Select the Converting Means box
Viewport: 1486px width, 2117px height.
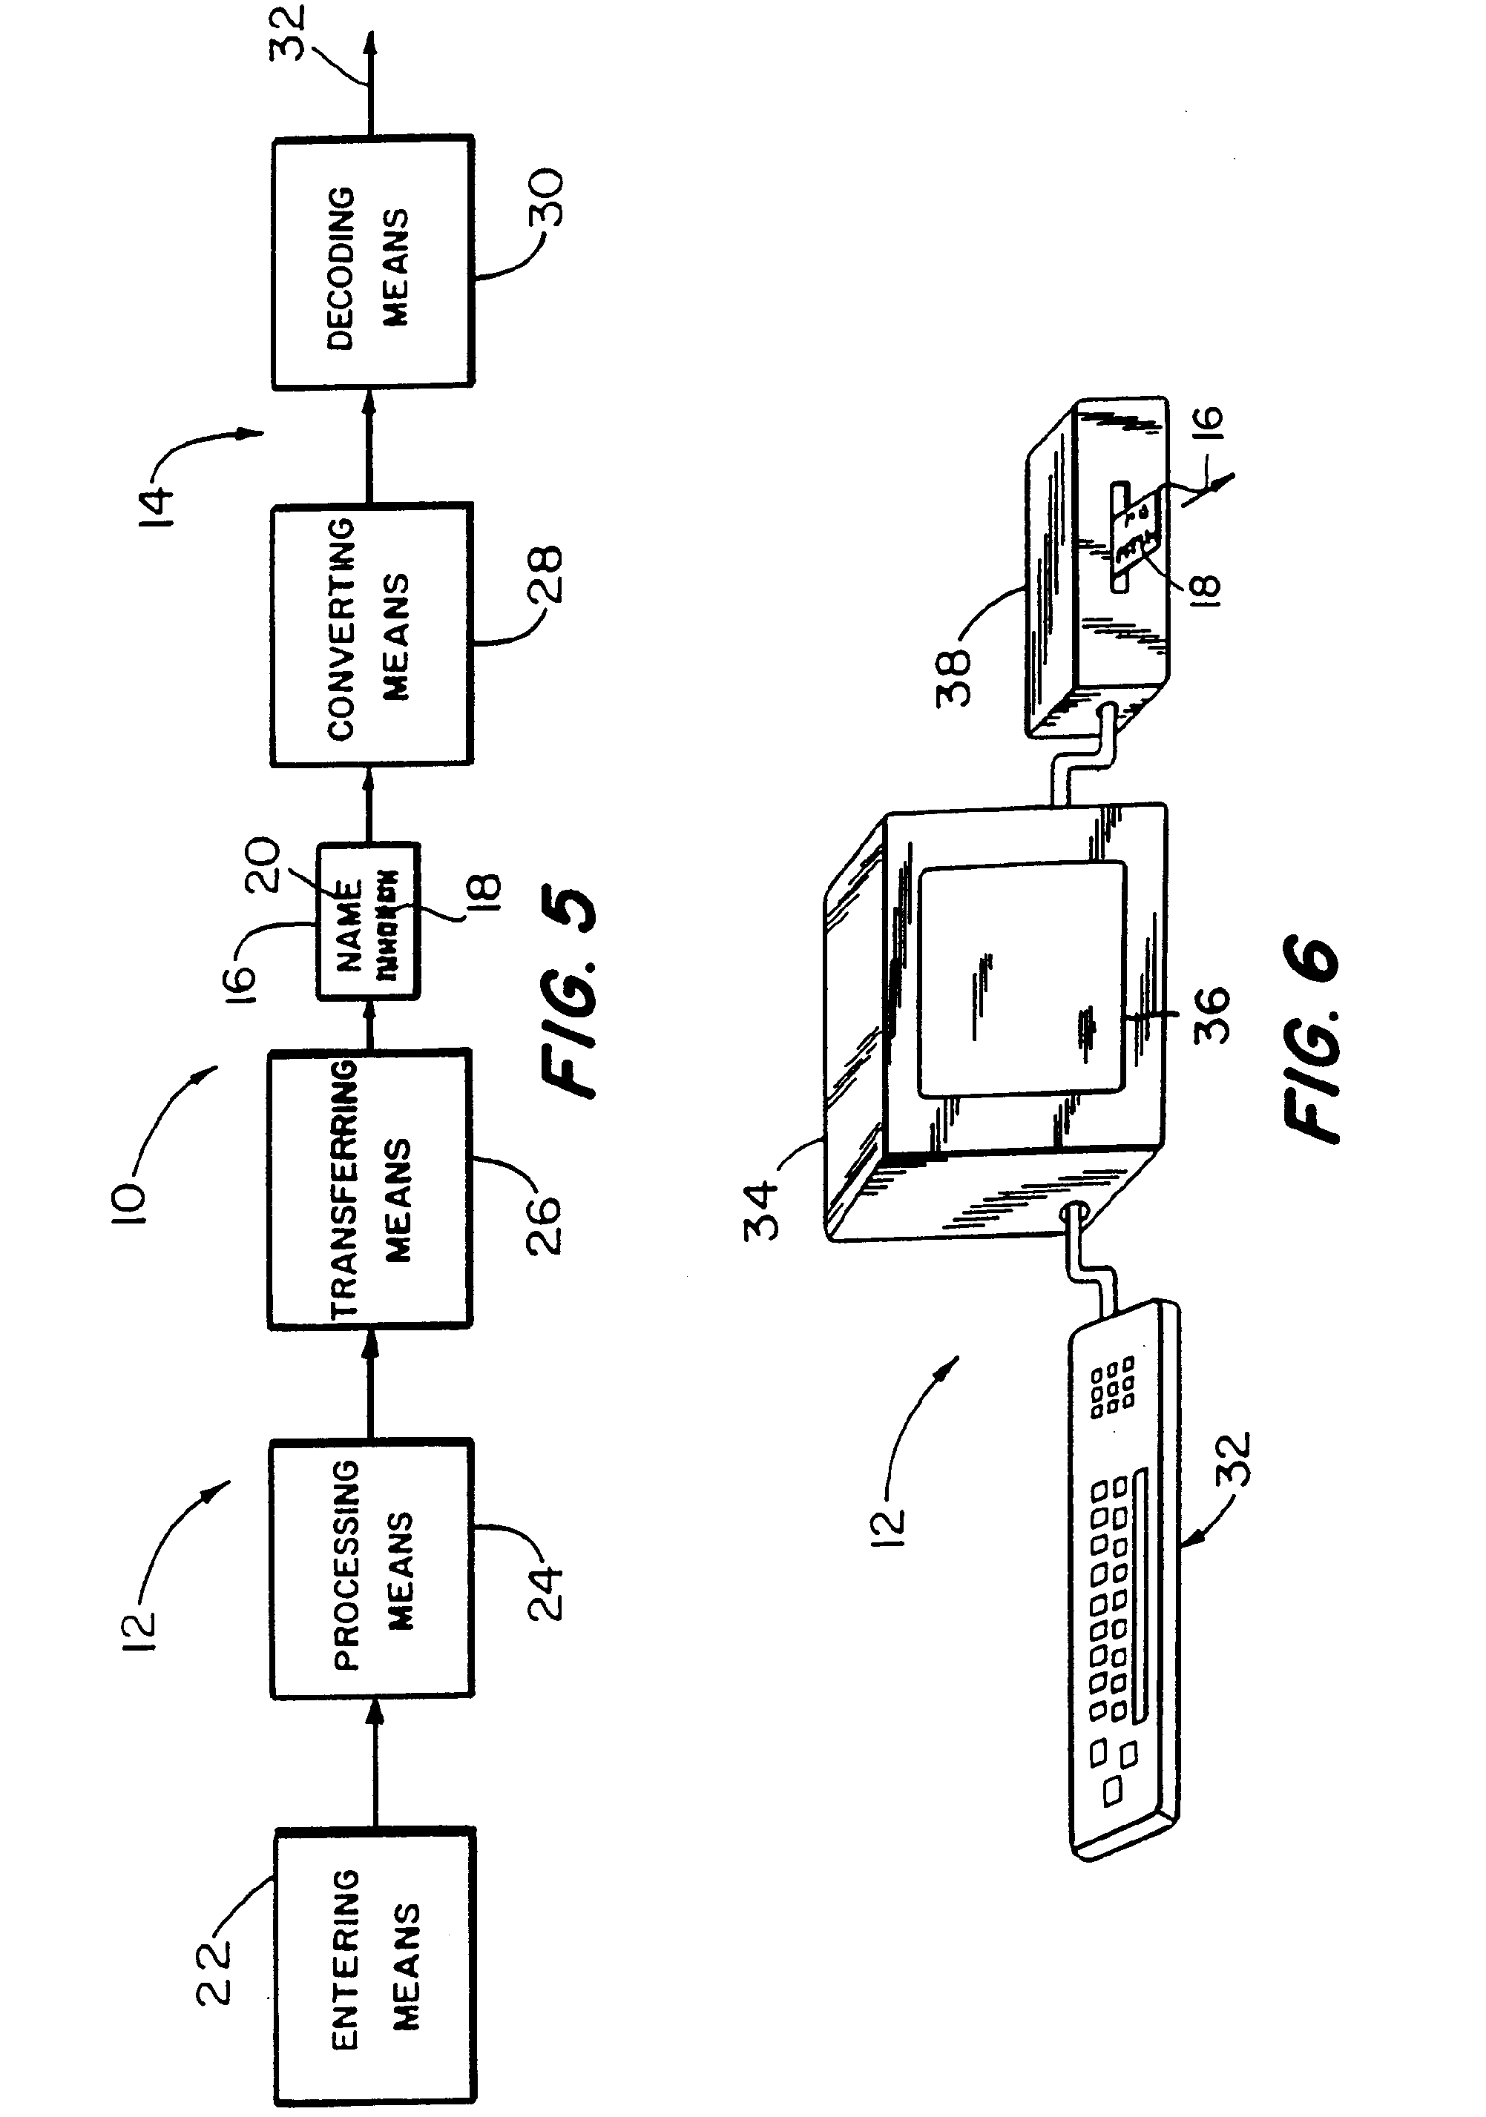click(372, 635)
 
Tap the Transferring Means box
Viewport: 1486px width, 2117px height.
click(370, 1189)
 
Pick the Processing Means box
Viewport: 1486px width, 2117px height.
click(372, 1568)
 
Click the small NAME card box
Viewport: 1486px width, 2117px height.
click(369, 920)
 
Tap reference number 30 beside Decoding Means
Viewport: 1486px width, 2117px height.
click(545, 197)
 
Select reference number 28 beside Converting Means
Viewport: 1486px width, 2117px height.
click(545, 573)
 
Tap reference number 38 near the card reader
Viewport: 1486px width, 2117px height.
click(954, 678)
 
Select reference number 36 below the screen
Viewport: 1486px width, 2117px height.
click(1210, 1014)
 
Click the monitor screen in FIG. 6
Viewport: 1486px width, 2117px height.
click(1022, 980)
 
